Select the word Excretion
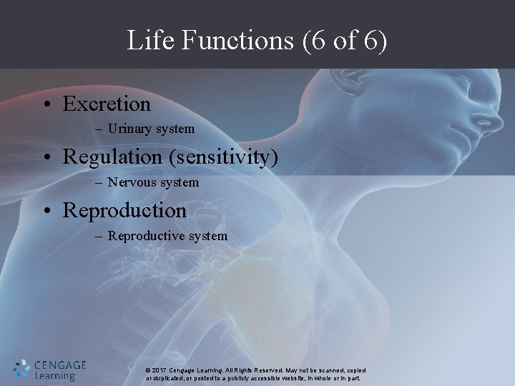[107, 104]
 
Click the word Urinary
[133, 129]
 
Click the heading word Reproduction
[124, 210]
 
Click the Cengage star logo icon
[22, 368]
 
